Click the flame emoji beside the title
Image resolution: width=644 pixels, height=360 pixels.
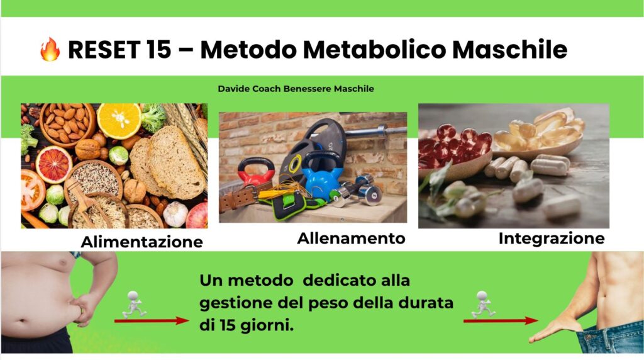coord(50,49)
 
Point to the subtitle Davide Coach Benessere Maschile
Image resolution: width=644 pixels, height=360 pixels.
coord(296,89)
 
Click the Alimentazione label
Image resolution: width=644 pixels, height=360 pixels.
coord(142,242)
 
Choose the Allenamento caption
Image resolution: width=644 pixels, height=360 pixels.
coord(351,239)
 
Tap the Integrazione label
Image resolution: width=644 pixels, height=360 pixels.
coord(552,239)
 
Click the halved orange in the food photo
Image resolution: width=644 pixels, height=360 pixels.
coord(119,121)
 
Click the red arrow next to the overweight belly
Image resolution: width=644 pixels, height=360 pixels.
coord(152,320)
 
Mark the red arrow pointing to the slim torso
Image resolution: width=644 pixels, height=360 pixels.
coord(501,320)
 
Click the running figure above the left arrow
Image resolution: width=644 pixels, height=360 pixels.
coord(134,305)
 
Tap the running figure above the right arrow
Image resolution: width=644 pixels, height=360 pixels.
coord(483,305)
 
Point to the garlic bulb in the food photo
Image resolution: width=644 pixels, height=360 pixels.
coord(175,214)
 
